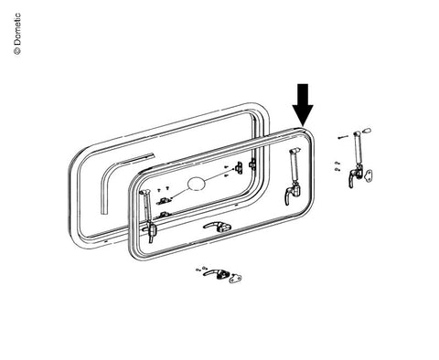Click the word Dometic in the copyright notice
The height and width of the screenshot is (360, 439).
pos(17,29)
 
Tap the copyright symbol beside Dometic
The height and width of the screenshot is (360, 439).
pos(17,51)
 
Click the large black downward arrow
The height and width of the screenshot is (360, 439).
pos(303,104)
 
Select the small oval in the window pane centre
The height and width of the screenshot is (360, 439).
pos(197,184)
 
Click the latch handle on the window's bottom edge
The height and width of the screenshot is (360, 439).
pos(217,227)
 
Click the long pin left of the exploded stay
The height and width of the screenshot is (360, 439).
pos(343,137)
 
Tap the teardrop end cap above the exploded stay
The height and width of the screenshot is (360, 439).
pos(367,131)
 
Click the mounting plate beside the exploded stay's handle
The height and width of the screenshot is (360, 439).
pos(368,175)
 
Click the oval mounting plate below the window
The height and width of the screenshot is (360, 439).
pos(235,278)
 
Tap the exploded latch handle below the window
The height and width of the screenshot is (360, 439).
pos(214,273)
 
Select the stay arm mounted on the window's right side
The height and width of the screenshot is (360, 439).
pos(294,176)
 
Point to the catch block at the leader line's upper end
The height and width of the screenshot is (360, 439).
pos(239,167)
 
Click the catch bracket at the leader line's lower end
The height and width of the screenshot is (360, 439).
pos(164,201)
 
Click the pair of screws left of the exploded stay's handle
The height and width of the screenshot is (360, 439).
pos(337,166)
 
